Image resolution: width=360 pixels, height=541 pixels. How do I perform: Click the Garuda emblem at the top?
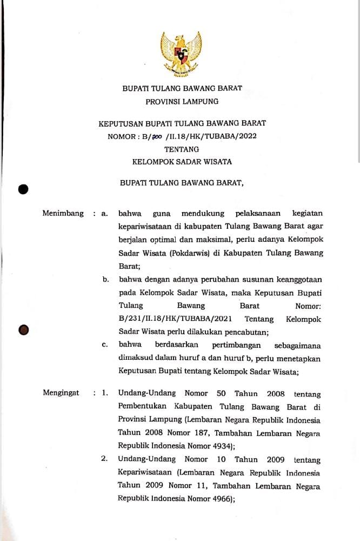[181, 54]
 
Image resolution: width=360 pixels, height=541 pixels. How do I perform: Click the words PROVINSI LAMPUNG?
[182, 101]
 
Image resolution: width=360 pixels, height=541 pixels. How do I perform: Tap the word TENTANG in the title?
[182, 149]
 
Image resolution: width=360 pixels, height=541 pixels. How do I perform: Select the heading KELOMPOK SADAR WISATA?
[182, 161]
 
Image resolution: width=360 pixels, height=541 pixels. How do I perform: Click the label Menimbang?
[63, 214]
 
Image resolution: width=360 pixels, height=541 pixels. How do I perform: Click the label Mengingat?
[61, 393]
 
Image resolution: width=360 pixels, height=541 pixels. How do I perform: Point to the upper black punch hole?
[23, 189]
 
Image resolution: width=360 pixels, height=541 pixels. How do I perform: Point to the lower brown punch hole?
[23, 329]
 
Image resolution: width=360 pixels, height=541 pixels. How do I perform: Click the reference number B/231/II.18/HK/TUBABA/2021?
[172, 319]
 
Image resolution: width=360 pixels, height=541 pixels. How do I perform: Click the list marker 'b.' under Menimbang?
[106, 280]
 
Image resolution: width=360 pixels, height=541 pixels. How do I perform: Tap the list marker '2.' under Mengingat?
[104, 460]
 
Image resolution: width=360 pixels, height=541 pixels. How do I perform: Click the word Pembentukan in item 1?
[142, 407]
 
